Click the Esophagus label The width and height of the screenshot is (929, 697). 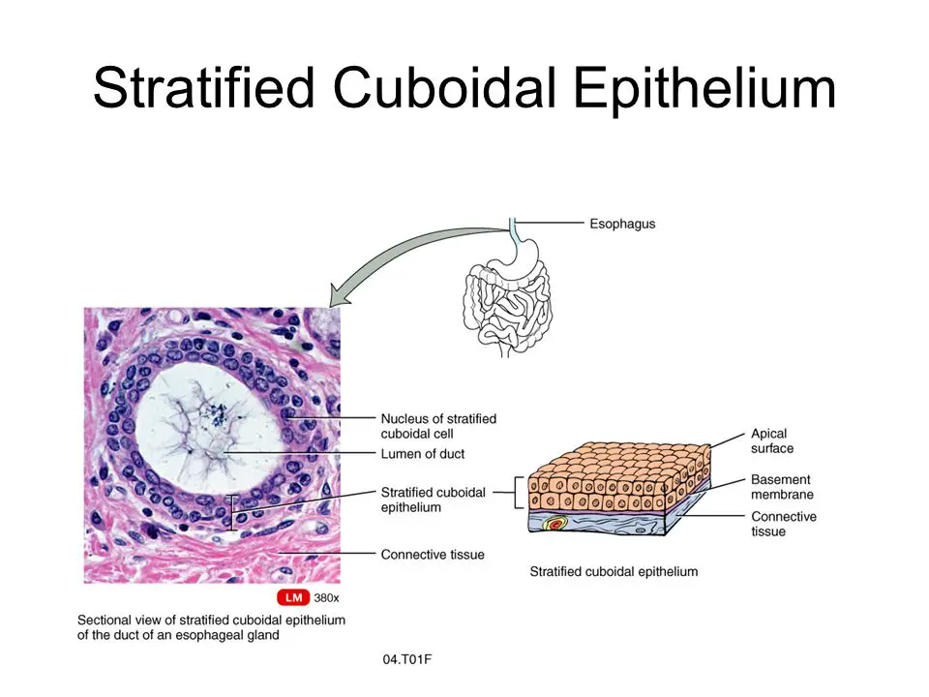click(622, 224)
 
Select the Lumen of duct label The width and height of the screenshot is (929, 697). click(422, 454)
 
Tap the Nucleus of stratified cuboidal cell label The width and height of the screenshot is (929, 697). click(437, 426)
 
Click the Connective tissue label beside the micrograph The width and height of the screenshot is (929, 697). click(433, 555)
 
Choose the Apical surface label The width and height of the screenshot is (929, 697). click(771, 441)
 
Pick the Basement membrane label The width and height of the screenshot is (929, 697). click(780, 487)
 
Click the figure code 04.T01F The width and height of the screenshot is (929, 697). click(407, 659)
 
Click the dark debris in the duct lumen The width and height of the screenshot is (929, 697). click(217, 417)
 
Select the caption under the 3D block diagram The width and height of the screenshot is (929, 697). click(614, 572)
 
